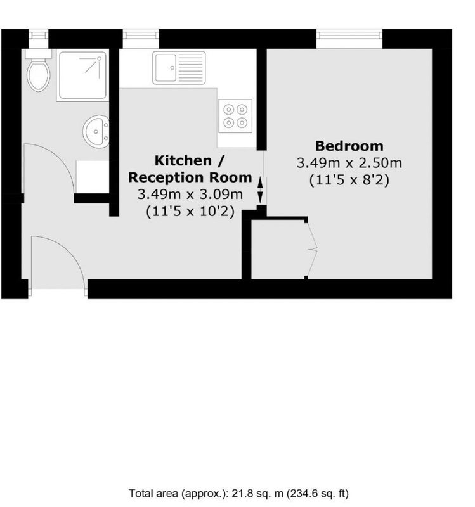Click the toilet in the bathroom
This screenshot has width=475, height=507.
[39, 70]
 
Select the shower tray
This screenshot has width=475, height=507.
[82, 75]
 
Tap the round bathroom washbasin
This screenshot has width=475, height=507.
[96, 131]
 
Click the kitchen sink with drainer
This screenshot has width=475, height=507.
[179, 68]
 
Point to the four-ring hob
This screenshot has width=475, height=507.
[235, 116]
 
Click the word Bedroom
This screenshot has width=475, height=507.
[349, 146]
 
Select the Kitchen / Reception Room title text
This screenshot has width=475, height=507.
[190, 169]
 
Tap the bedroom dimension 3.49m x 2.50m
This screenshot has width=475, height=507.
[349, 163]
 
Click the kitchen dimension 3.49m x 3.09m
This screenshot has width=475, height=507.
[190, 195]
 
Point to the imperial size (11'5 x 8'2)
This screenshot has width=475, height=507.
[349, 180]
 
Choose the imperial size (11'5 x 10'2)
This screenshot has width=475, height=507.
[190, 212]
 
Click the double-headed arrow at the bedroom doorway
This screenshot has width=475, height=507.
[260, 190]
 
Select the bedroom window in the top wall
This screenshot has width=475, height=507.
[349, 39]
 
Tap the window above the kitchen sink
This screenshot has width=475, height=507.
[141, 39]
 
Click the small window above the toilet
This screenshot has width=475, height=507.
[39, 39]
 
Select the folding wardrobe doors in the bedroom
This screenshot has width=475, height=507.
[311, 249]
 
